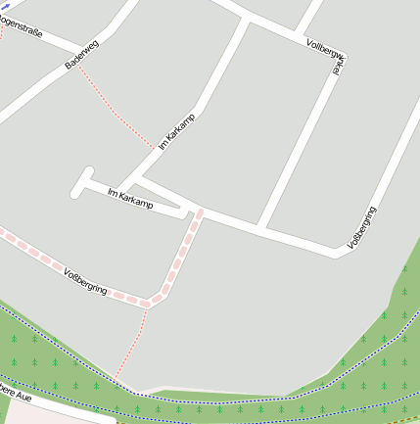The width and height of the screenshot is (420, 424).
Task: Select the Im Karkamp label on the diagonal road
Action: tap(176, 131)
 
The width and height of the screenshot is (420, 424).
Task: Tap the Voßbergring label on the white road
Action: tap(362, 227)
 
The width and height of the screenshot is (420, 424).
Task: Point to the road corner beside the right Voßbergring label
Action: tap(340, 254)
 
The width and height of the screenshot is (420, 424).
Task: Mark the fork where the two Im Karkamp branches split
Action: tap(133, 179)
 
